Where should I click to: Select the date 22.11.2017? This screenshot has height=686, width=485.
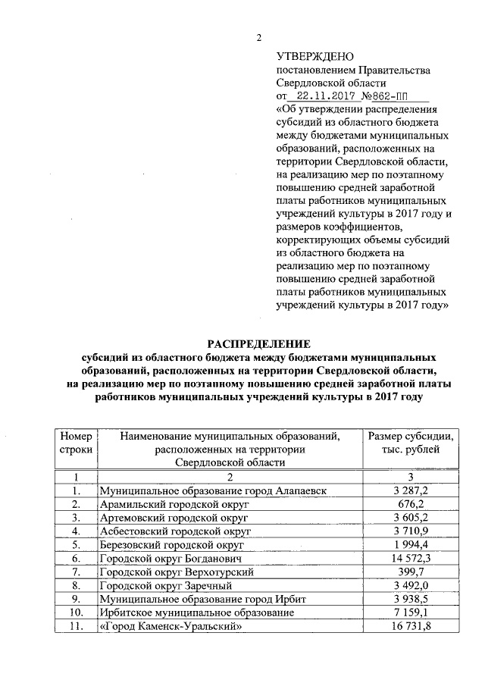(x=328, y=96)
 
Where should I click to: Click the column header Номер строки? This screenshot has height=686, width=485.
(x=76, y=443)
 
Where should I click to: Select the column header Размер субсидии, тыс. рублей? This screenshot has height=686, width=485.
(x=410, y=443)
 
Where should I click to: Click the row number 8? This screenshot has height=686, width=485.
(x=76, y=585)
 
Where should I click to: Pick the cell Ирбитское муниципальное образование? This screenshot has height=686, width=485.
(x=196, y=612)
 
